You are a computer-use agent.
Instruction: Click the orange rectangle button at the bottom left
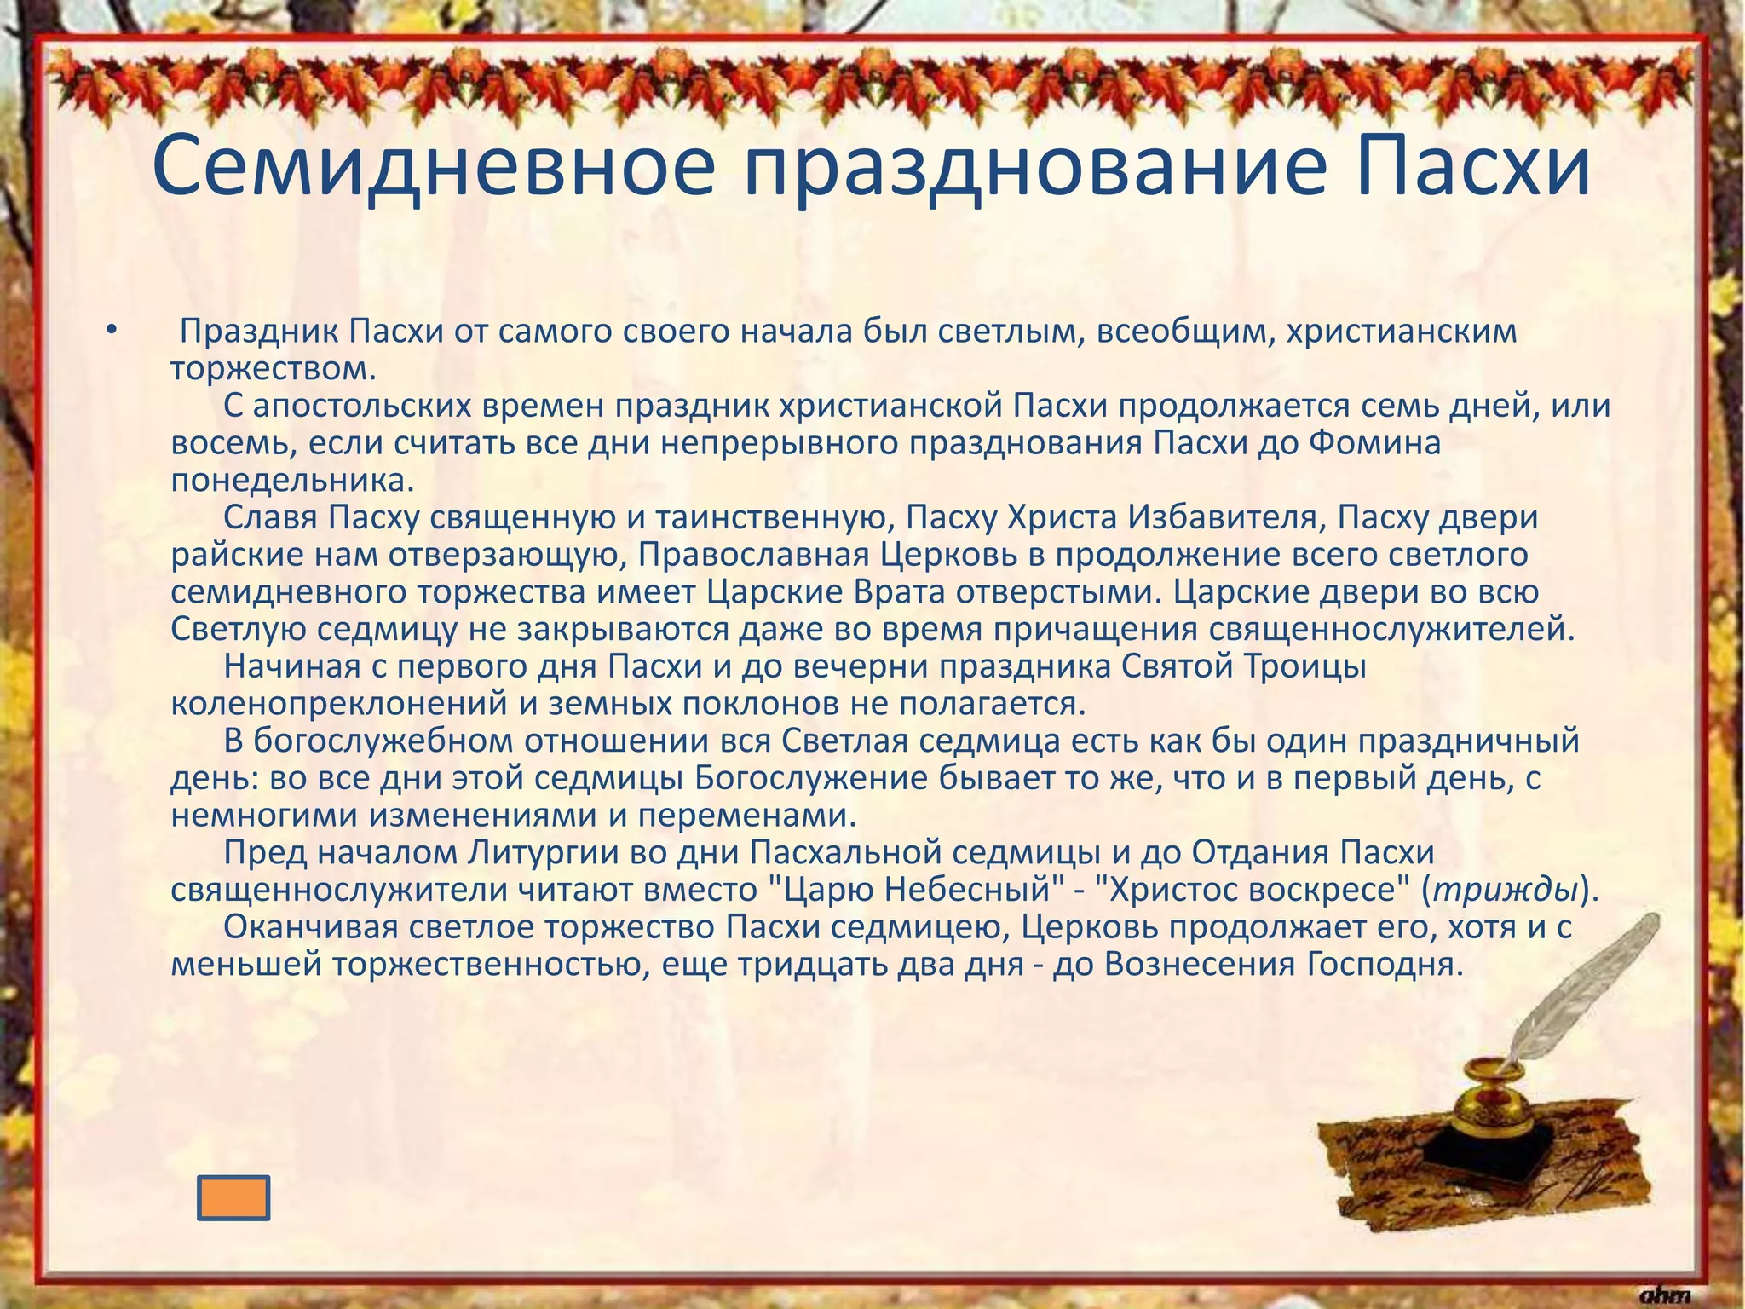(x=233, y=1197)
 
